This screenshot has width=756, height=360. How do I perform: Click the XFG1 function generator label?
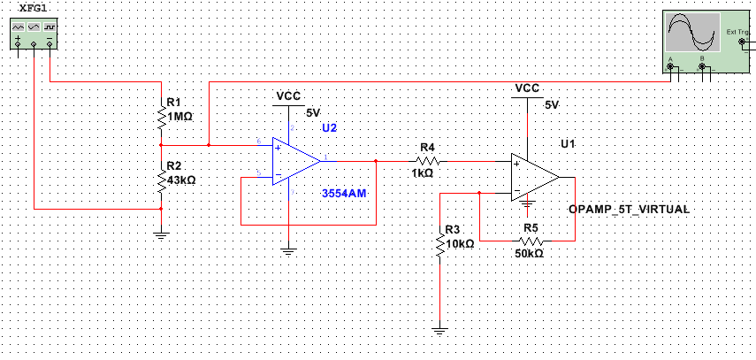point(33,7)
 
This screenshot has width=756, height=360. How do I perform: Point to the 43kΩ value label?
point(181,180)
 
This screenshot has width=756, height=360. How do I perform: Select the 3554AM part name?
point(344,192)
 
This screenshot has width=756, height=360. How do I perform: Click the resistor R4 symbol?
point(427,162)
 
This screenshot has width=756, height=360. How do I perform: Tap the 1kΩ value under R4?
point(422,174)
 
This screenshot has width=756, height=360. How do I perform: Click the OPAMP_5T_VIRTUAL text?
point(629,209)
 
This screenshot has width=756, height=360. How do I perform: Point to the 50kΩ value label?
point(529,253)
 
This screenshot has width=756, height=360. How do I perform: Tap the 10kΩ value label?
point(460,242)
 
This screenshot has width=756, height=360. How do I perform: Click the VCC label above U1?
point(527,88)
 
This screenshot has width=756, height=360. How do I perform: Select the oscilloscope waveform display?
point(693,35)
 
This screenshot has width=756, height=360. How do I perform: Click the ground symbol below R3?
point(440,332)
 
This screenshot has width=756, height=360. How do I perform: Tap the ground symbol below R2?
point(161,235)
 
